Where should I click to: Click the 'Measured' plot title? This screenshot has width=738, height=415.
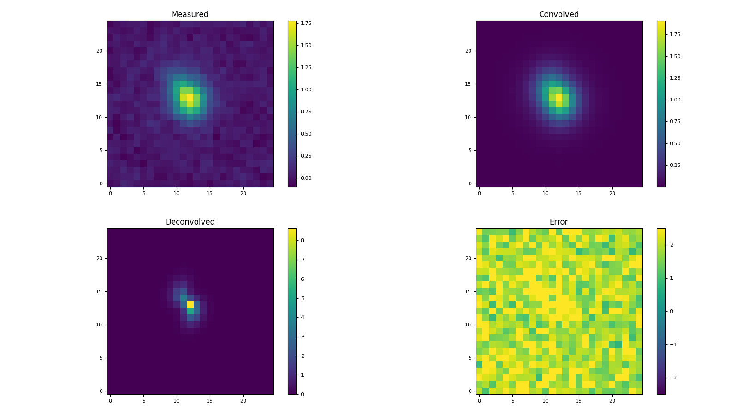click(190, 14)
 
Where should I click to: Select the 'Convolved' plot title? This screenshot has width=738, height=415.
click(559, 14)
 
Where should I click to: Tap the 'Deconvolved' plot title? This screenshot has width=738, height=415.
click(190, 222)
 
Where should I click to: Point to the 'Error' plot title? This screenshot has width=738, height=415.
click(559, 222)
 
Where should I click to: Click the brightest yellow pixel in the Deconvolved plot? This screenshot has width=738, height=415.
click(190, 304)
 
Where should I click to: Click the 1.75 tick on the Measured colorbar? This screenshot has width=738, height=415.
click(306, 23)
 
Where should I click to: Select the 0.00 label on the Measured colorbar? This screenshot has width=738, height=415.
click(306, 178)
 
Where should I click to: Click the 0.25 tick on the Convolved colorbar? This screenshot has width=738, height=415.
click(675, 165)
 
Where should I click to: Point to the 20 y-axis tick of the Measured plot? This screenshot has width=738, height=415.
click(99, 51)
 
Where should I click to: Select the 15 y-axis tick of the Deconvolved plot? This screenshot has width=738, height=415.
click(99, 291)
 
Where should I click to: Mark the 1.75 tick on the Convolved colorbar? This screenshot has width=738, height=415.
click(675, 34)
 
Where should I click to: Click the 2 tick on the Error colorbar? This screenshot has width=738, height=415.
click(672, 245)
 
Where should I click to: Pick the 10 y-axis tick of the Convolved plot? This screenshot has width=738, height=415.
click(468, 117)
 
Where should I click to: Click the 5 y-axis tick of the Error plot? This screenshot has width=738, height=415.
click(470, 358)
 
